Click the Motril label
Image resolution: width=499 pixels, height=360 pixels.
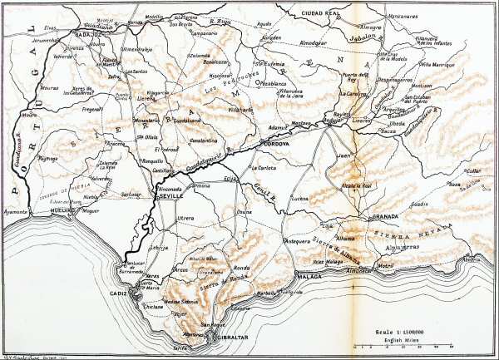pos(384,266)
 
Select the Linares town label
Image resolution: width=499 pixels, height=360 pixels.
pos(362,122)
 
